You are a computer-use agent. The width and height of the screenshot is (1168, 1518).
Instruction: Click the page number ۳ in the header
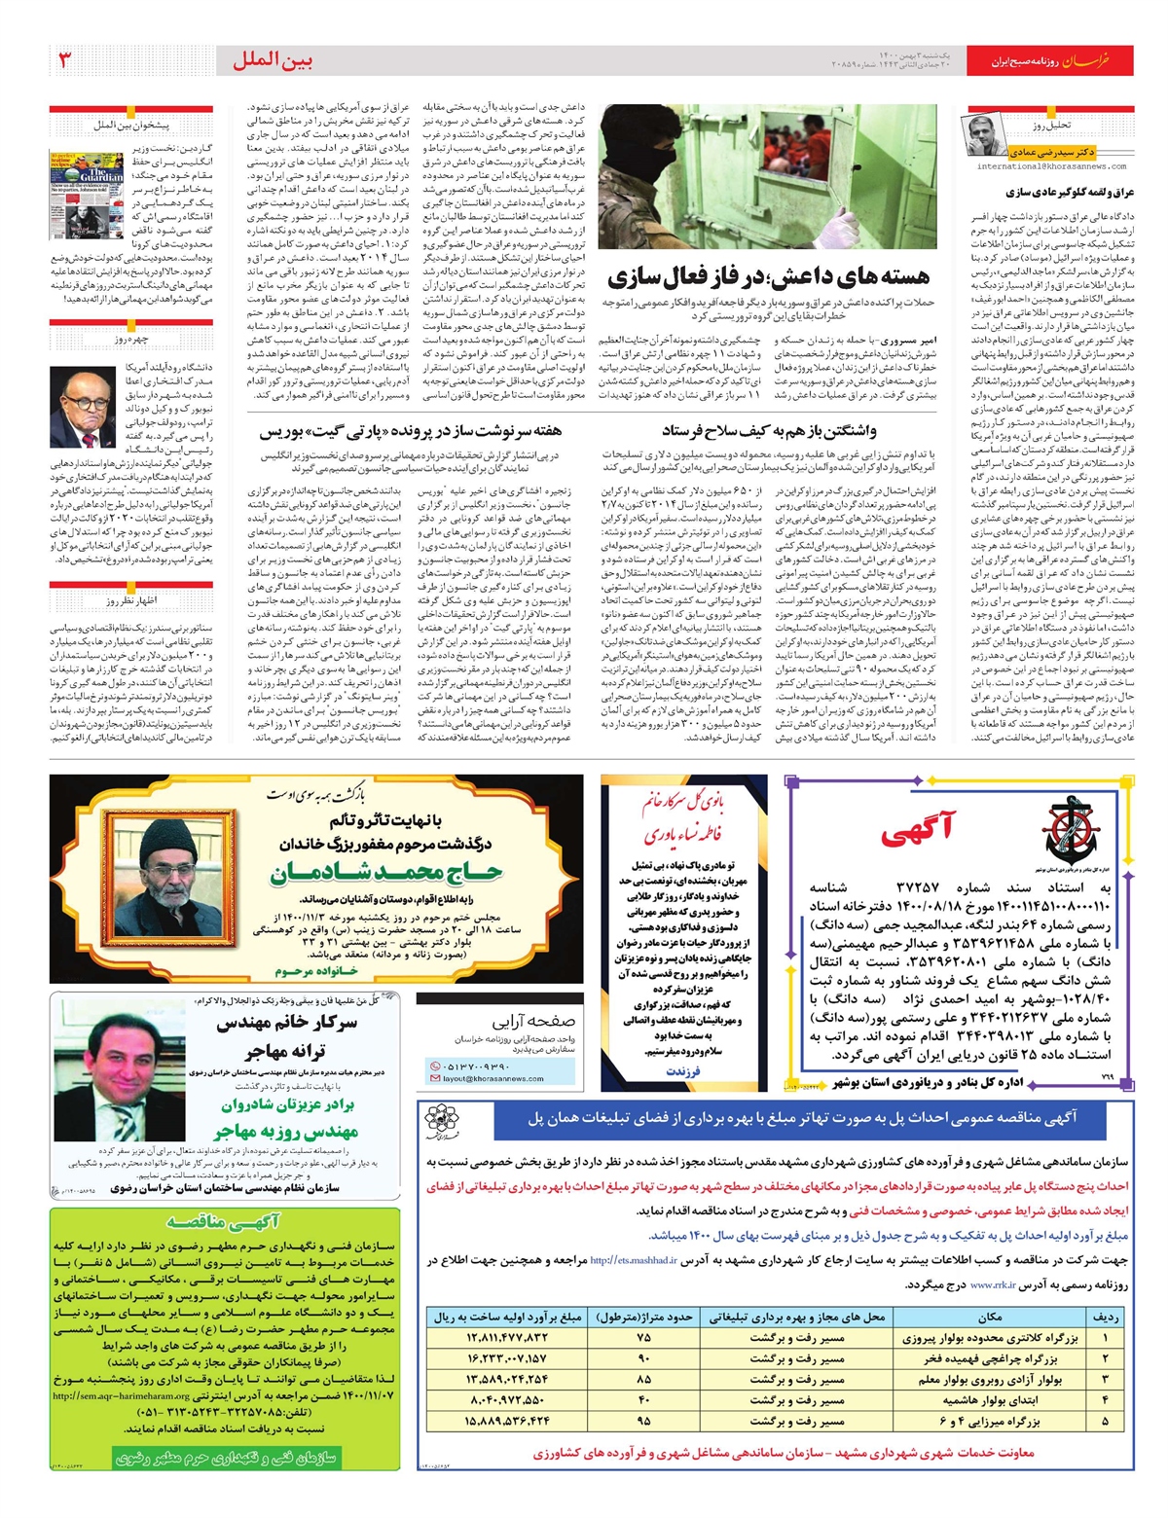(66, 59)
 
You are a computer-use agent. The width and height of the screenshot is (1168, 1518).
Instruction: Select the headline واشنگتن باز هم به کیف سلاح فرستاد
(769, 430)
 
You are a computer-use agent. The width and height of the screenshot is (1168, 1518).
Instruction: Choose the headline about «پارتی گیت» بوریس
(410, 430)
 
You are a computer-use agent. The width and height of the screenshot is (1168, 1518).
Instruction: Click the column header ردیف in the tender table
(1106, 1317)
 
